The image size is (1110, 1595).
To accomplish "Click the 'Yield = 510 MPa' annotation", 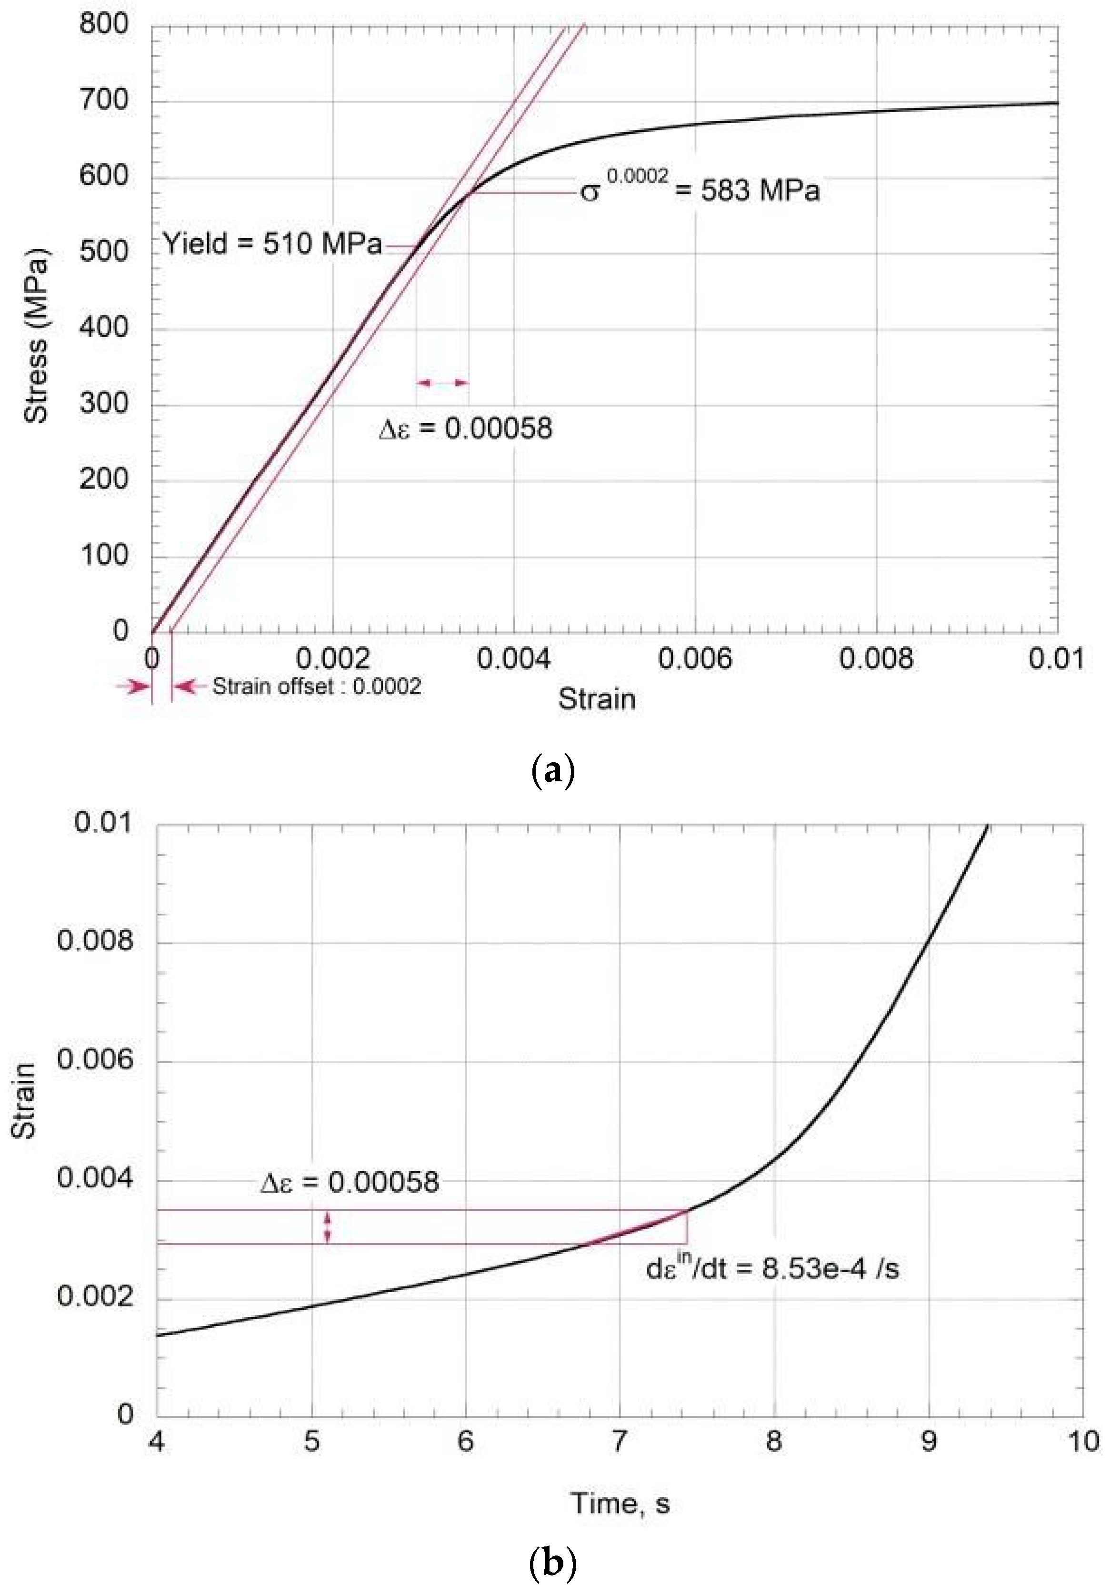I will pos(272,245).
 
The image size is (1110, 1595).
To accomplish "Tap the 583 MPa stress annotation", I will pos(700,189).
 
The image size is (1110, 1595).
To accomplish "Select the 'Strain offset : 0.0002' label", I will pos(317,687).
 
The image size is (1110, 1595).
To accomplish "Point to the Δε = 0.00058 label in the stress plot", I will pos(465,428).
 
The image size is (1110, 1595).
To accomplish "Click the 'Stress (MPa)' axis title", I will pos(36,340).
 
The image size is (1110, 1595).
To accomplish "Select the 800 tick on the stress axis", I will pos(104,25).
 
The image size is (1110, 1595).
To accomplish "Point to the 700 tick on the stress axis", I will pos(104,101).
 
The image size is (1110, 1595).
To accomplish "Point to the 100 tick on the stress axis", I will pos(104,556).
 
